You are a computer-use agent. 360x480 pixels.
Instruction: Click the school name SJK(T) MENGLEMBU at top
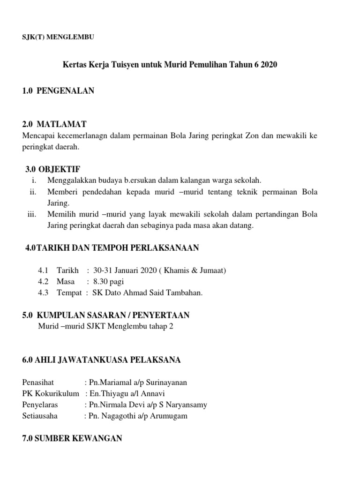[58, 37]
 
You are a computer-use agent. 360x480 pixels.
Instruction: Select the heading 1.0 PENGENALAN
[58, 91]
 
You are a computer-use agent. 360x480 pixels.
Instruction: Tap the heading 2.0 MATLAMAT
[54, 124]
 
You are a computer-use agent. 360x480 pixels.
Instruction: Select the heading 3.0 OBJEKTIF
[55, 169]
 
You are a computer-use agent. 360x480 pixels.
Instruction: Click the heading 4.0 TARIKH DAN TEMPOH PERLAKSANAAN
[112, 247]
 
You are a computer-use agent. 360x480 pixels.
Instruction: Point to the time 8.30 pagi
[109, 282]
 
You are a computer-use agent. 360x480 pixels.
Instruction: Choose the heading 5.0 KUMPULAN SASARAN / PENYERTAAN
[106, 315]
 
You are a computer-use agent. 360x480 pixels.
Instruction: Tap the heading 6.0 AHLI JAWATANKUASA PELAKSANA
[101, 360]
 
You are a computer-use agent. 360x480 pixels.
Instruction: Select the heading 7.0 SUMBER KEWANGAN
[72, 438]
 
